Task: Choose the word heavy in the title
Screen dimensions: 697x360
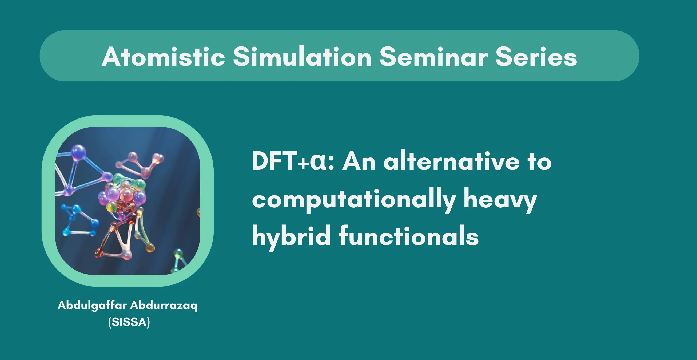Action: (500, 201)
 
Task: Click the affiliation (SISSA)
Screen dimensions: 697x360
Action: (129, 322)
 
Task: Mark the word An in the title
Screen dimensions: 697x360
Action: (359, 161)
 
